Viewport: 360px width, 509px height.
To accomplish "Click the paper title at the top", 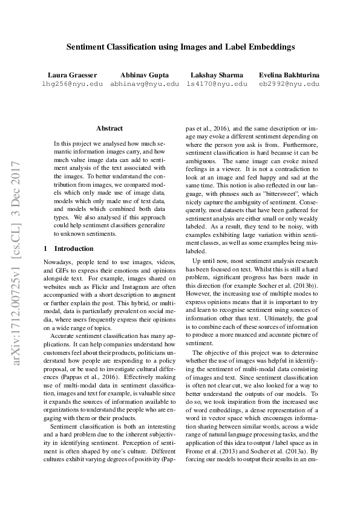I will tap(180, 45).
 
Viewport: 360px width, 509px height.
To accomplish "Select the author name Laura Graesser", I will tap(72, 75).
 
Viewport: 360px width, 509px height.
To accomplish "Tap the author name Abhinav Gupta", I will tap(145, 75).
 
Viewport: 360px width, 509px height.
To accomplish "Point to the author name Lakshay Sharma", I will tap(217, 75).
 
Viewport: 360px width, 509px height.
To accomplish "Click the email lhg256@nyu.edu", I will tap(72, 84).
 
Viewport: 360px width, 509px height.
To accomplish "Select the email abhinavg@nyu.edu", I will tap(145, 84).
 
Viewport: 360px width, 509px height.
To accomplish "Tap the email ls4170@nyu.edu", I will tap(217, 84).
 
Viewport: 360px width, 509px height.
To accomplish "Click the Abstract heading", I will tap(109, 128).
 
